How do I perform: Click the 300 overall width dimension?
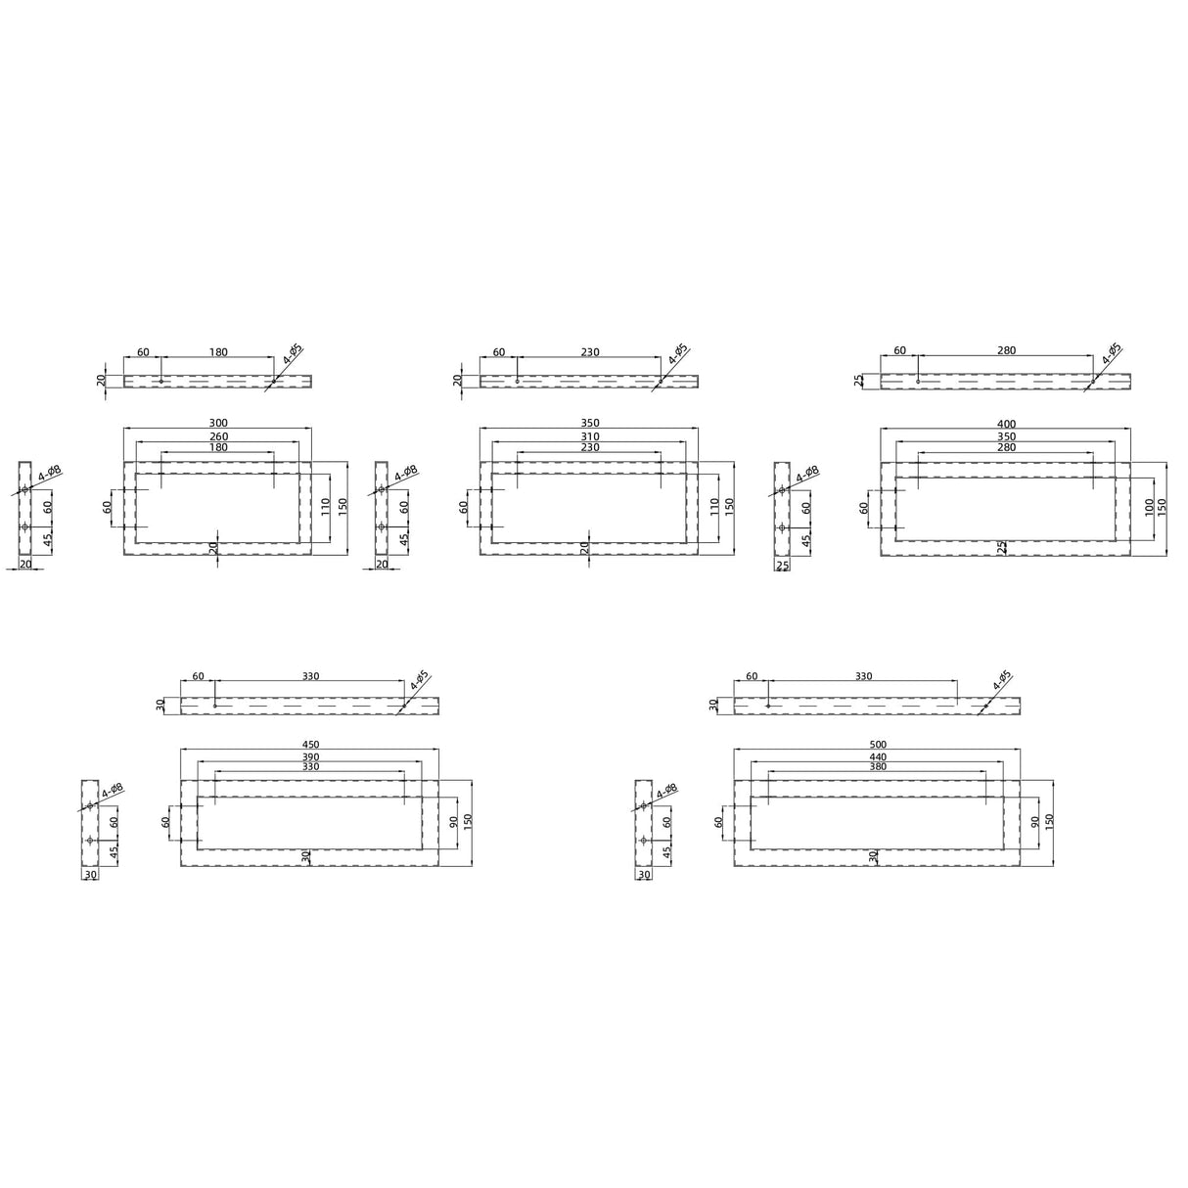coord(218,424)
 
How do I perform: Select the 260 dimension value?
coord(218,436)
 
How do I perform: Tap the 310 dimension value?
coord(589,436)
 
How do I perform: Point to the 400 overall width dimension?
coord(1006,424)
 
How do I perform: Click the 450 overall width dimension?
coord(310,745)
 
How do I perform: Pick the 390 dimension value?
coord(310,757)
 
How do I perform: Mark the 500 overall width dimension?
coord(877,745)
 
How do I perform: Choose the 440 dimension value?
coord(877,757)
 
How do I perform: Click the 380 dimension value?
coord(877,767)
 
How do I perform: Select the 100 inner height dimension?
coord(1149,508)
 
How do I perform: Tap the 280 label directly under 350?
coord(1006,447)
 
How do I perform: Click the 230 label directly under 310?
coord(589,447)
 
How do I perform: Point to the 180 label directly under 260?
coord(218,447)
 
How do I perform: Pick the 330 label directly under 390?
coord(310,767)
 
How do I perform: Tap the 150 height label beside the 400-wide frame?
coord(1163,508)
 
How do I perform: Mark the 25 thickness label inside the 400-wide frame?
coord(1002,547)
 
